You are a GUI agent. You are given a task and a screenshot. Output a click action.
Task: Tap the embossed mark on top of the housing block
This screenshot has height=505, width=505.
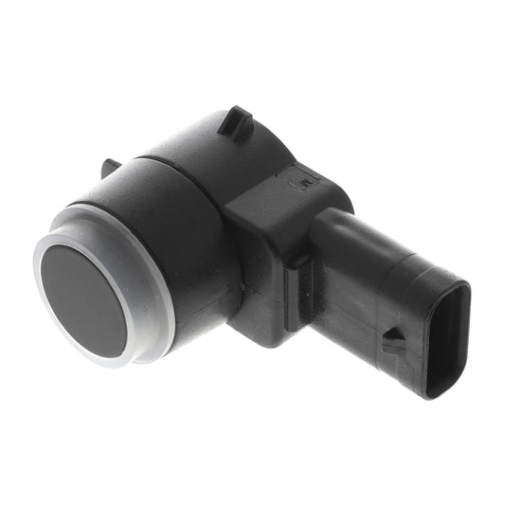click(305, 178)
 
